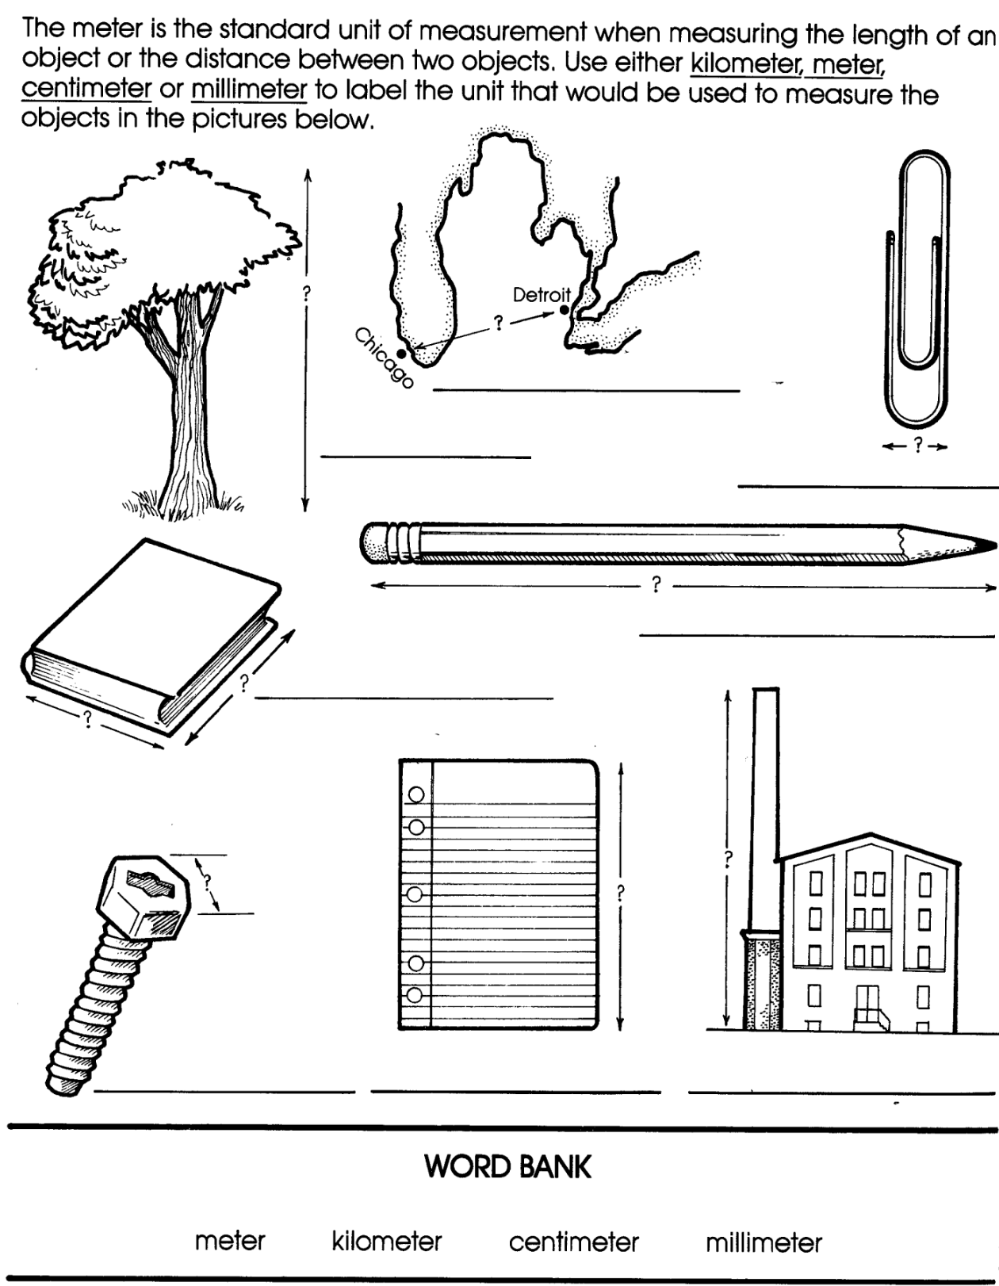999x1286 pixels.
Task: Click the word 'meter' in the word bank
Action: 230,1241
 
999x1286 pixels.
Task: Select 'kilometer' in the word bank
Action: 386,1241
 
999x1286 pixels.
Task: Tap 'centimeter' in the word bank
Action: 573,1242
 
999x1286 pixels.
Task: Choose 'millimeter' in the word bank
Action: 764,1242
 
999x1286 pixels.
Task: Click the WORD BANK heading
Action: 507,1166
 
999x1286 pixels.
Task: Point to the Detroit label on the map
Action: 542,294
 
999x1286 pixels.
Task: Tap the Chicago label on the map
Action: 384,358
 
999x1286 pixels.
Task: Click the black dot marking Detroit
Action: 565,309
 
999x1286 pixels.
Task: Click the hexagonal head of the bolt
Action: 144,897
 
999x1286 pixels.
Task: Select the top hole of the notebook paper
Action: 416,794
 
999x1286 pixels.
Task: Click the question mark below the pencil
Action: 656,585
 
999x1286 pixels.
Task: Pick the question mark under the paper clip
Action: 917,445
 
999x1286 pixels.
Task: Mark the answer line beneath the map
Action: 587,391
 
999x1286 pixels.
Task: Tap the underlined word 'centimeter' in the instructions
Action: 87,89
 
